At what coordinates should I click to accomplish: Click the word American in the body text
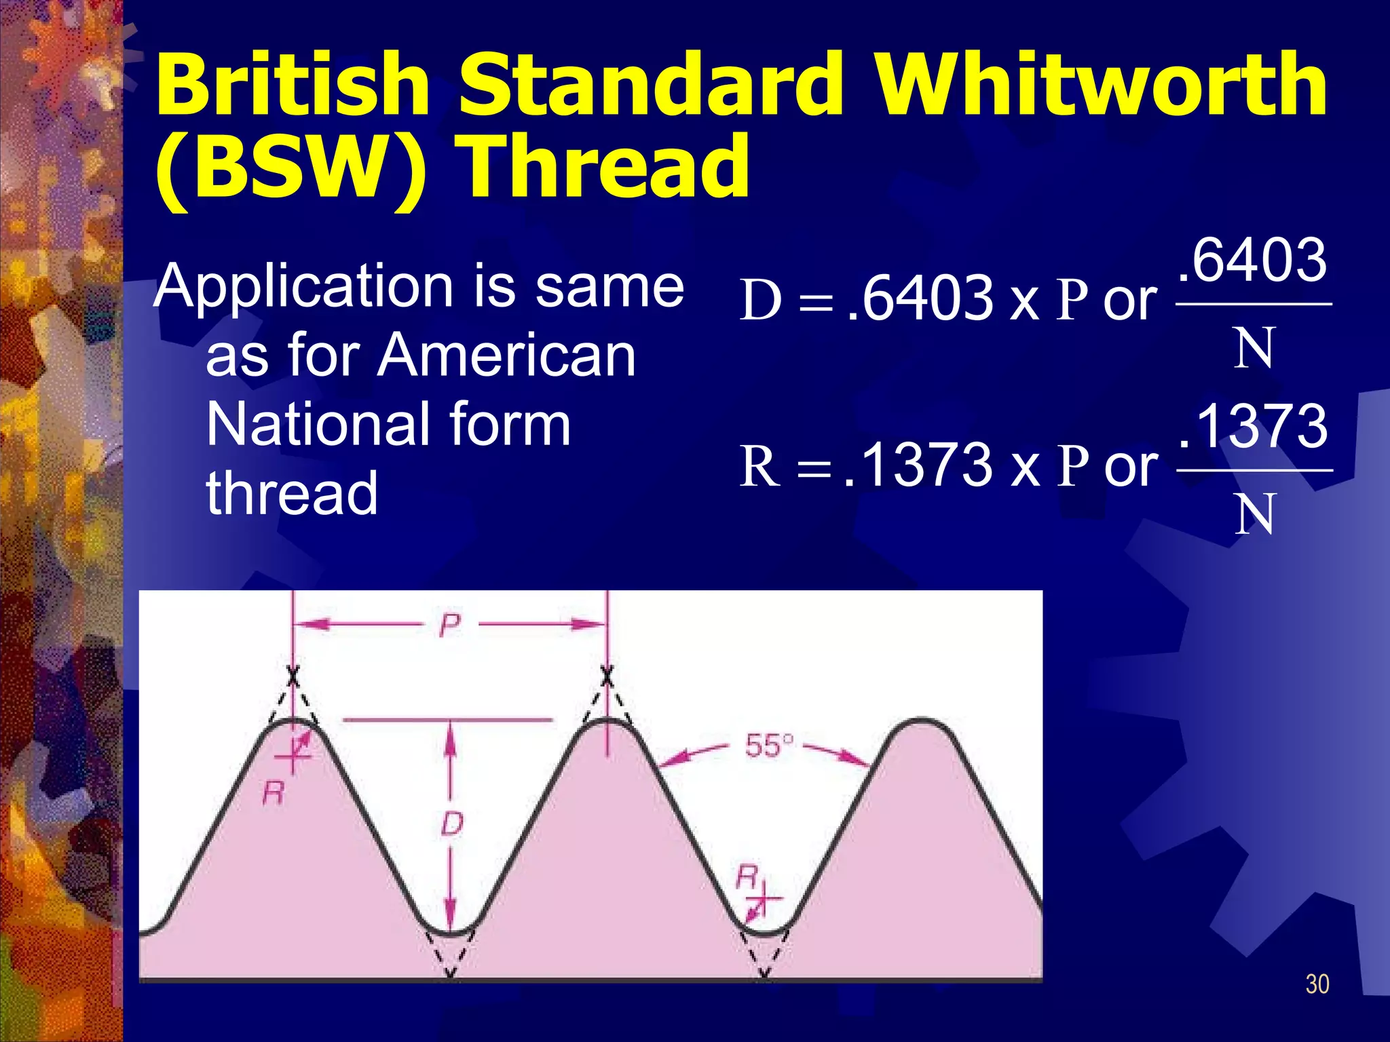(506, 355)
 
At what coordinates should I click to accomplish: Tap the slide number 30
(1317, 984)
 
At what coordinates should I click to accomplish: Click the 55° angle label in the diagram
(768, 746)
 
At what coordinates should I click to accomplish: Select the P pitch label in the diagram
(449, 625)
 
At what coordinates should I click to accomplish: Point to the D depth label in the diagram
(451, 824)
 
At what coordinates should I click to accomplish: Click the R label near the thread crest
(273, 792)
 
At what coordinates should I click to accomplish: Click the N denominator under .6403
(1253, 348)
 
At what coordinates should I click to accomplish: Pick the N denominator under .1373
(1253, 514)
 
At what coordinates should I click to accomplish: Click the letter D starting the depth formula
(760, 300)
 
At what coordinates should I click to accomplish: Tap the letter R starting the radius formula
(759, 466)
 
